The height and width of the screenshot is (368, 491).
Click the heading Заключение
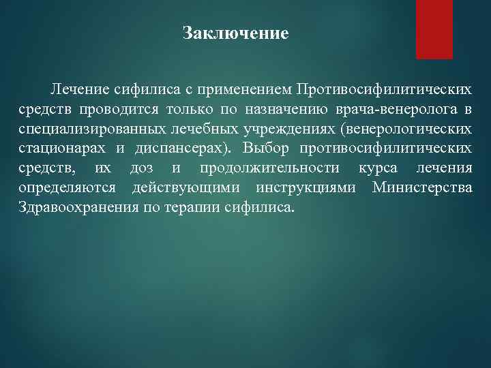point(236,33)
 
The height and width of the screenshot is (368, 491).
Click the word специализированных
point(85,129)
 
